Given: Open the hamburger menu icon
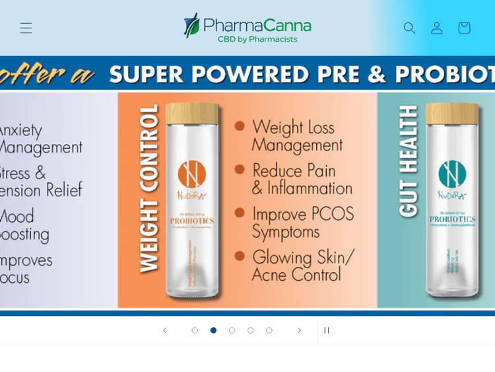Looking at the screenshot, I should [x=26, y=28].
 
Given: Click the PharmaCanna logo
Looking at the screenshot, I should [x=247, y=28].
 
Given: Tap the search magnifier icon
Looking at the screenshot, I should [x=409, y=28].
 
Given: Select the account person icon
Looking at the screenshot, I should [x=437, y=28].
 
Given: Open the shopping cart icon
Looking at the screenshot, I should [x=464, y=28].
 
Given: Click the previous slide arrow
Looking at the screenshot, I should [x=165, y=330].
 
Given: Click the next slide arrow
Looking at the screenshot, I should [x=299, y=330].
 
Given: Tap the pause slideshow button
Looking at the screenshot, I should [x=326, y=330].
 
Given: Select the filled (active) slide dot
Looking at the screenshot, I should [x=213, y=330].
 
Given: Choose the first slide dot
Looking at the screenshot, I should [x=195, y=330].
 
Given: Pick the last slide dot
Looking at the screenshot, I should [x=269, y=330].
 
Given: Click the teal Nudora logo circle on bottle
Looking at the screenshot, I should [x=452, y=174].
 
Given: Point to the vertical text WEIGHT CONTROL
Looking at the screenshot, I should [x=149, y=188].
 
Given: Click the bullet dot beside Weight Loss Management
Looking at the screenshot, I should [x=240, y=126].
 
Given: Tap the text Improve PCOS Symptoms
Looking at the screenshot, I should [x=303, y=223].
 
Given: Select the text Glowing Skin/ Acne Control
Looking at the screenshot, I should [x=303, y=265].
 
